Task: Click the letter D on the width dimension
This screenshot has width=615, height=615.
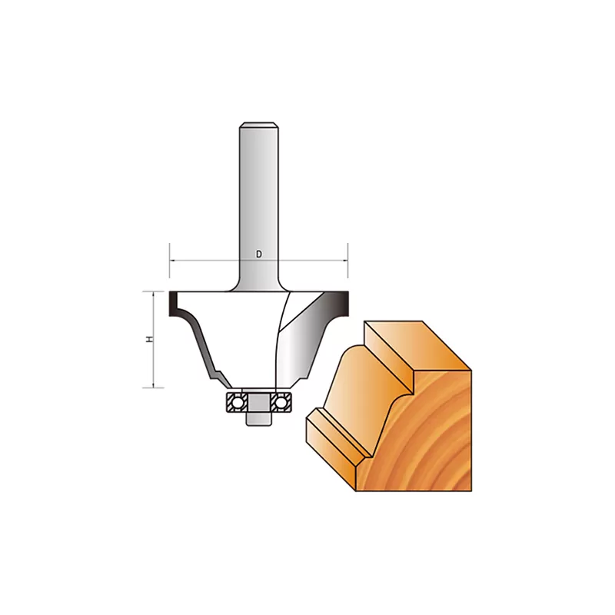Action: point(259,254)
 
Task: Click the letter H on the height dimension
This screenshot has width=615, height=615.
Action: point(149,340)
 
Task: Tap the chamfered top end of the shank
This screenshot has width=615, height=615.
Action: point(259,125)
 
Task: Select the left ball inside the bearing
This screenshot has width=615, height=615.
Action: point(236,402)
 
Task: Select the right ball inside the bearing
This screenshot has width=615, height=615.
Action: point(281,402)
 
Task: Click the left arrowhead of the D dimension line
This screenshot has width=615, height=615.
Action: point(171,261)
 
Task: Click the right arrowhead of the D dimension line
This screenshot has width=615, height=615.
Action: point(345,261)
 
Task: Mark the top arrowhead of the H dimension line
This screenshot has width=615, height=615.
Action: point(153,294)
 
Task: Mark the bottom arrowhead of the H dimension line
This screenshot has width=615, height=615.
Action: point(153,385)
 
